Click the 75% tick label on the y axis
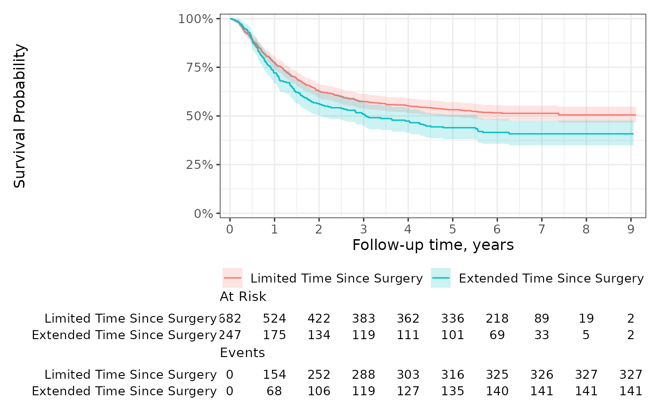(199, 67)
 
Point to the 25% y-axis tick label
(199, 165)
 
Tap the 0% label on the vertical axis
(203, 213)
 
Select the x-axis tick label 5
(453, 229)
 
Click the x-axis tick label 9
(631, 229)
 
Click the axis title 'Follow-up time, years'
(433, 245)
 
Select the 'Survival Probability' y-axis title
(20, 116)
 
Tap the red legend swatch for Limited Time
(232, 278)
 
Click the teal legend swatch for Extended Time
(440, 278)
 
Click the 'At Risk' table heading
(243, 297)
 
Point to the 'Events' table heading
(242, 353)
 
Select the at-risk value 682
(230, 318)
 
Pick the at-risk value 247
(230, 335)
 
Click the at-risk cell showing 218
(497, 318)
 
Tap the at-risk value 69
(497, 335)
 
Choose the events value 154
(274, 375)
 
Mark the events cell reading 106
(319, 391)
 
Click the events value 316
(453, 375)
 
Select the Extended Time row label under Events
(124, 391)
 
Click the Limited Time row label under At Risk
(130, 319)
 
